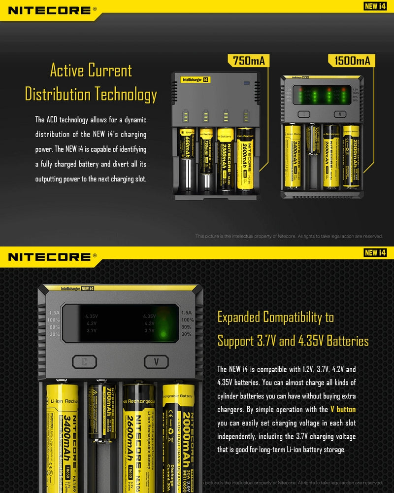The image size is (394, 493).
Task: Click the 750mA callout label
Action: tap(248, 61)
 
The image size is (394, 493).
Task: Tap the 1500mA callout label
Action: tap(352, 61)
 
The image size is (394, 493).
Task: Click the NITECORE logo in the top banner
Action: tap(50, 10)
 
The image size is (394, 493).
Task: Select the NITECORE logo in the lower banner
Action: tap(50, 256)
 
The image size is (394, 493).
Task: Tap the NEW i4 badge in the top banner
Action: tap(375, 6)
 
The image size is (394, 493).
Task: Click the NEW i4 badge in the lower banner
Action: tap(375, 252)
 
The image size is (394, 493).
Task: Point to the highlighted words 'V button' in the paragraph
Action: tap(343, 409)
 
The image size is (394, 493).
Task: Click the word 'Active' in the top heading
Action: tap(69, 70)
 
